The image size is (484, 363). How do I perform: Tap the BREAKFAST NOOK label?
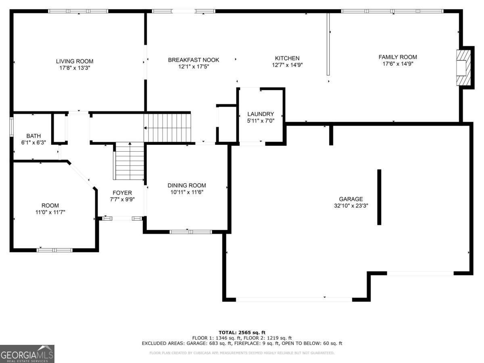(194, 60)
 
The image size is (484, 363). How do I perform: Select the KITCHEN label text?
(287, 58)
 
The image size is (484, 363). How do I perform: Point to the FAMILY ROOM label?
(398, 57)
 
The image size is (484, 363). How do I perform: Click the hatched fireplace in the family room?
(464, 67)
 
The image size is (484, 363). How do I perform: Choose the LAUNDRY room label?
(261, 114)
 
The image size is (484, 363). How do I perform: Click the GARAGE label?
(351, 199)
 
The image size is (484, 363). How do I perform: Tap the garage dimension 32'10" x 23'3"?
(351, 205)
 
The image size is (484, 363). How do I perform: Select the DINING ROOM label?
(187, 186)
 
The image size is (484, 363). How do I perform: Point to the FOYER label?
(122, 193)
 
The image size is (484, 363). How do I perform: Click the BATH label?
(33, 136)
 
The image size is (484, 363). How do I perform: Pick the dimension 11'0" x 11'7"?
(50, 212)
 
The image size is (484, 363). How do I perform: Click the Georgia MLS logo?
(27, 354)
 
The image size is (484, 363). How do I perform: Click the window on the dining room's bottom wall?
(190, 232)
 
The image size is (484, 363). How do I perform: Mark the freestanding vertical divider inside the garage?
(379, 197)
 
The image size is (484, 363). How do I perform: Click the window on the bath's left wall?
(12, 126)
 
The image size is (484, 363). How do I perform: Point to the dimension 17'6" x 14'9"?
(398, 64)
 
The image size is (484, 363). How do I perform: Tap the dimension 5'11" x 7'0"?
(261, 120)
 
